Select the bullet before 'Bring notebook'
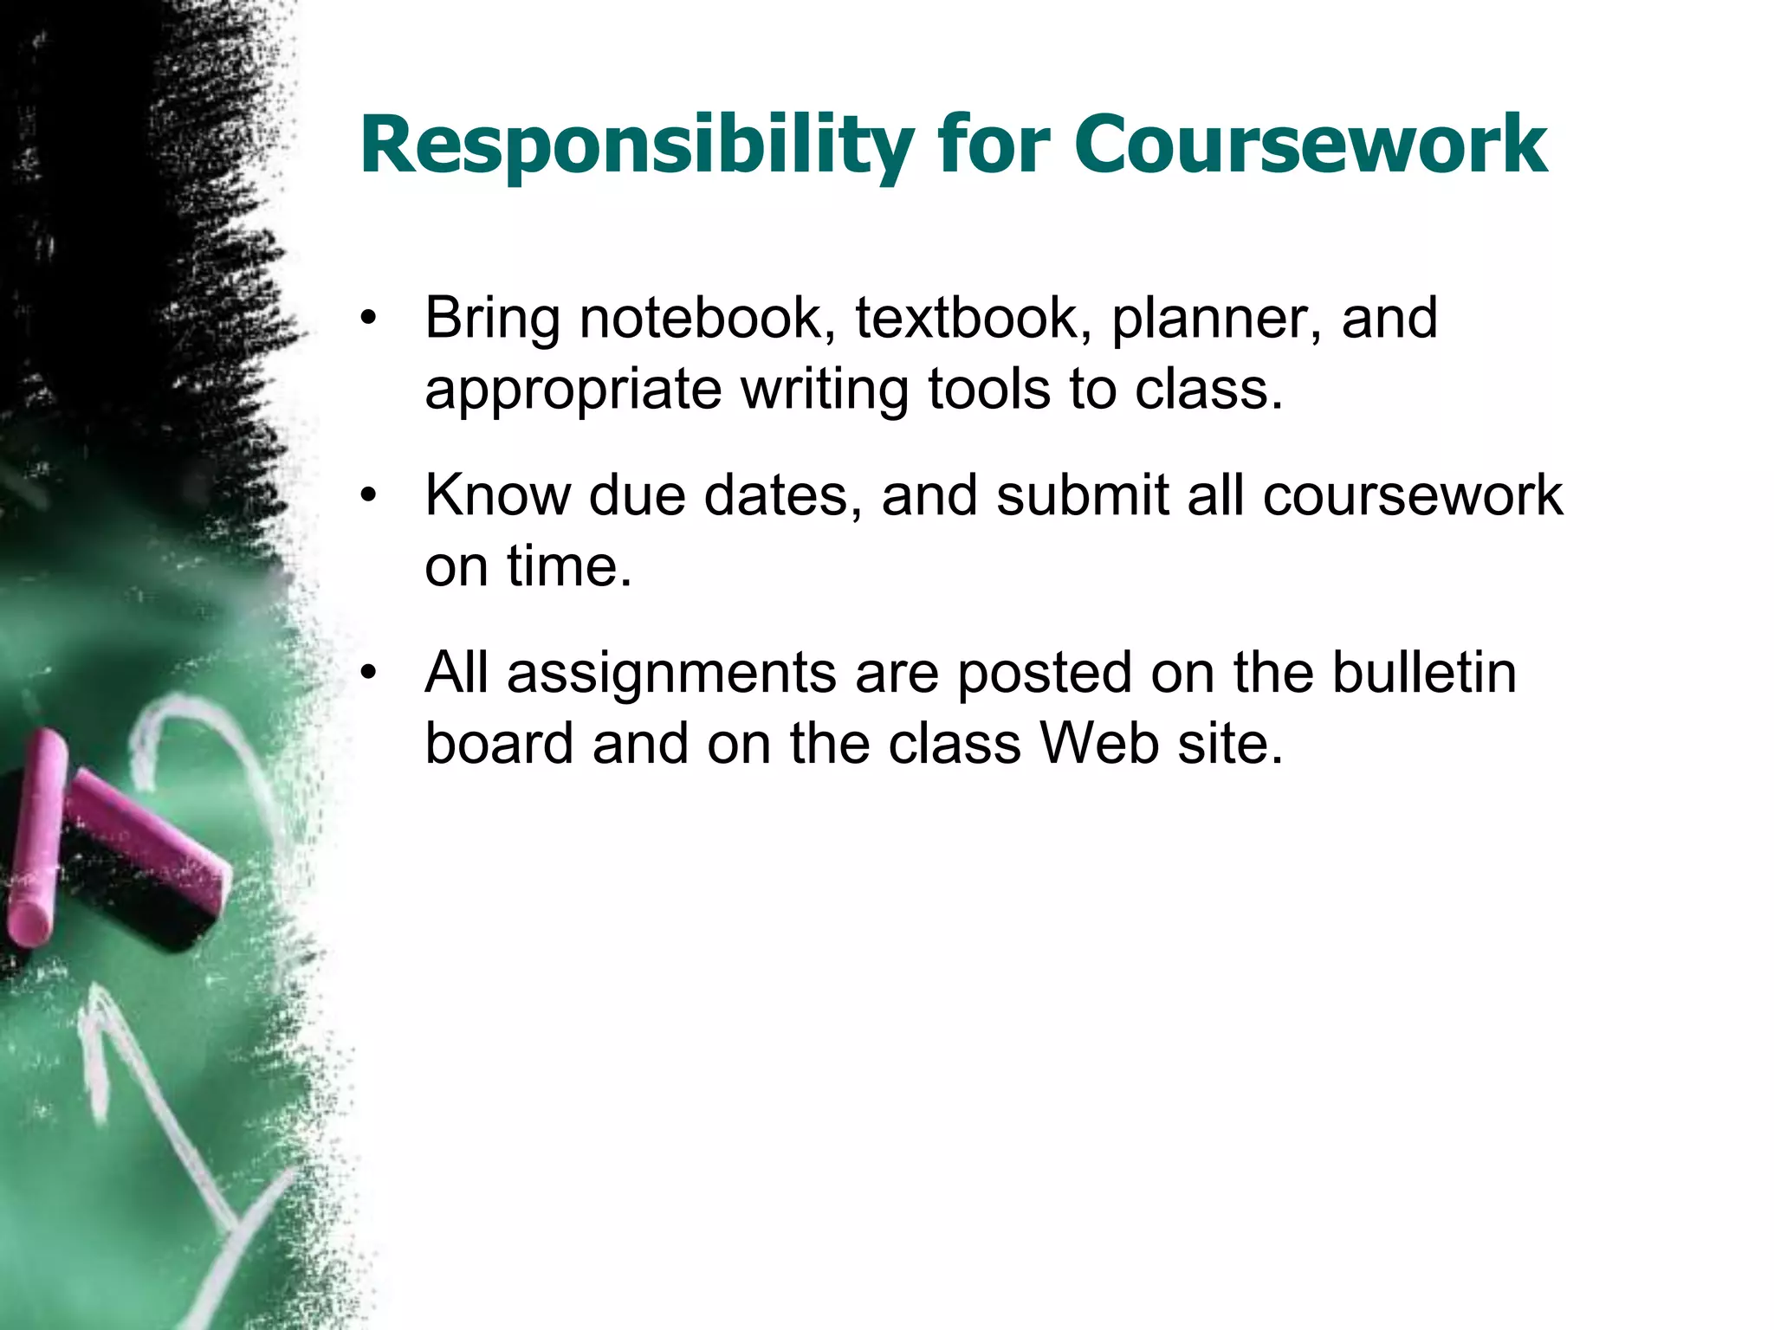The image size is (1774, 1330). (370, 319)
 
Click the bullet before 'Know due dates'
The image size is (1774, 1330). (370, 496)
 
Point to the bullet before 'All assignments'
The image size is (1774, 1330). (370, 673)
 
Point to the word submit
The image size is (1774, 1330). (1082, 495)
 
